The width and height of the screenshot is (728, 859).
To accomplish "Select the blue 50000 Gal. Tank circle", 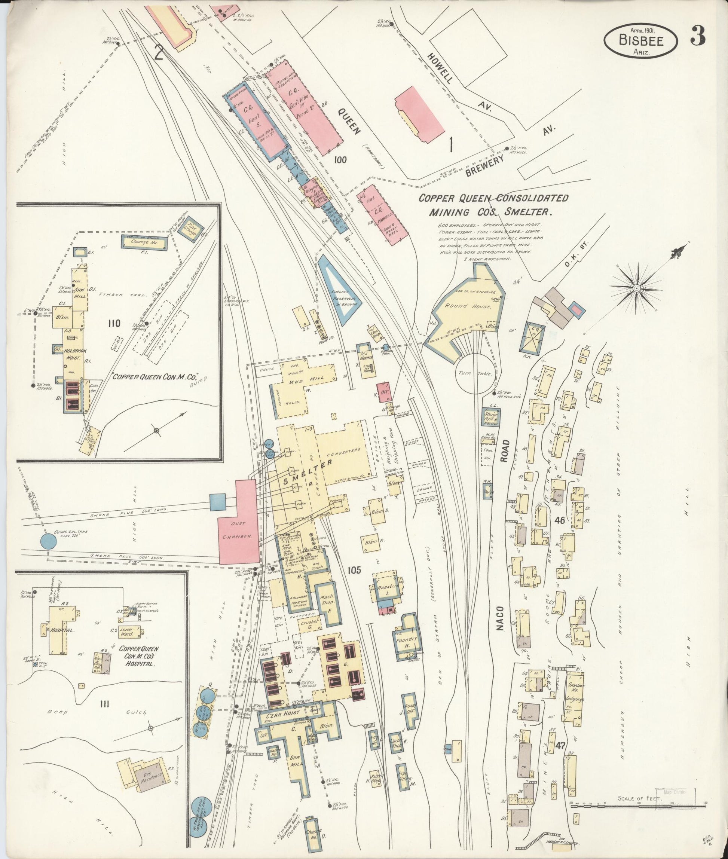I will pyautogui.click(x=49, y=540).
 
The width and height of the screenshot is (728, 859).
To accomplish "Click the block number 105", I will pyautogui.click(x=354, y=570).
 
